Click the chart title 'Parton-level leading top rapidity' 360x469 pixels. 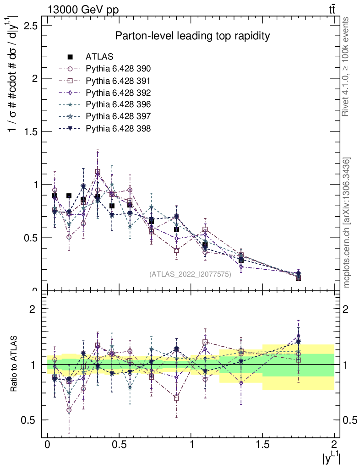192,36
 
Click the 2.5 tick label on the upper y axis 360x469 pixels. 31,25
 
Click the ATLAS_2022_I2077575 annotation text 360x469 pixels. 190,274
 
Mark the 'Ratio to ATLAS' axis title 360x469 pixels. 14,364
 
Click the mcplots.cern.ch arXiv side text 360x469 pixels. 347,223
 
